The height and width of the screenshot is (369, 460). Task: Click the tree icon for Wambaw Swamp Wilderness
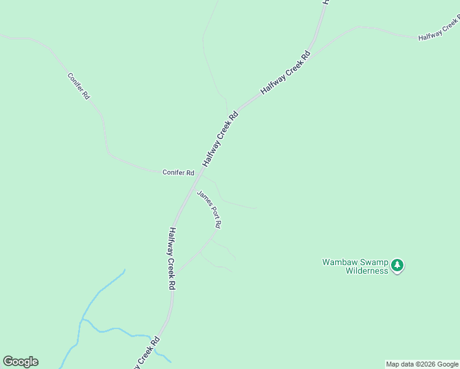coord(397,266)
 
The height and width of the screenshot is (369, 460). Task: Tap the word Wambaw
coord(339,262)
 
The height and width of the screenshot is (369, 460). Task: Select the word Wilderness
coord(367,271)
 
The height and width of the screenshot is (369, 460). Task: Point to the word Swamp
coord(372,262)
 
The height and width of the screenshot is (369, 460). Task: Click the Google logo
coord(20,362)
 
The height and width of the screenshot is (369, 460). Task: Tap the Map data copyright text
coord(422,364)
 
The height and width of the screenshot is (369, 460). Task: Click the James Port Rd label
coord(208,209)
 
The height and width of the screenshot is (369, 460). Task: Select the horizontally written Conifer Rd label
coord(178,173)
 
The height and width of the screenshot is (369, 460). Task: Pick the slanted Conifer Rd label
coord(79,87)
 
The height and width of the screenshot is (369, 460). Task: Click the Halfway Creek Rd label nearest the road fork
coord(285,72)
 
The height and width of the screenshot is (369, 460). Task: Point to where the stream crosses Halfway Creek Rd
coord(152,336)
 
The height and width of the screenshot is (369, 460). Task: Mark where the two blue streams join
coord(81,320)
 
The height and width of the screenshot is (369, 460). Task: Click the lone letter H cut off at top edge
coord(325,2)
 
